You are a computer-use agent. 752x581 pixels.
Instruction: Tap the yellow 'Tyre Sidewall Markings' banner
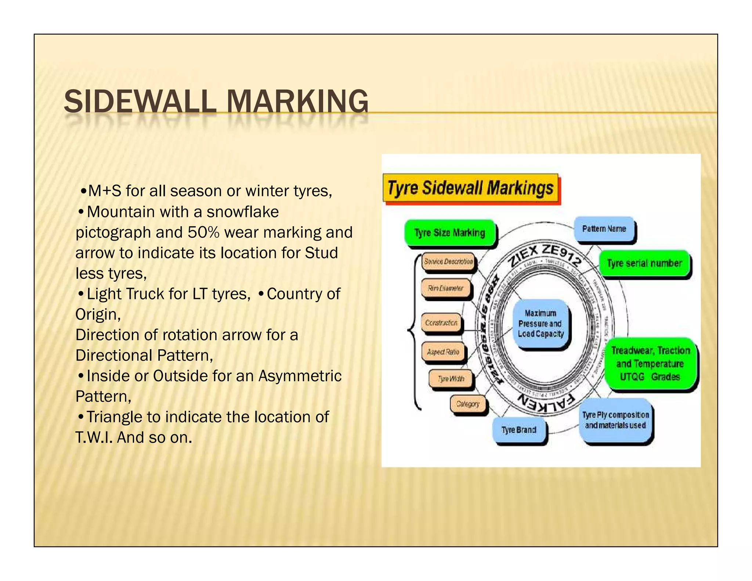tap(470, 188)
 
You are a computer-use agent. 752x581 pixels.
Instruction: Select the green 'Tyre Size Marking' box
tap(449, 232)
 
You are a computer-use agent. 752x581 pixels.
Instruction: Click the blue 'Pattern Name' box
tap(604, 229)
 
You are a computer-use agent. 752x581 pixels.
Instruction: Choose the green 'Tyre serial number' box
tap(644, 263)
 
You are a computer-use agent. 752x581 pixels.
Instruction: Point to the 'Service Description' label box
tap(448, 262)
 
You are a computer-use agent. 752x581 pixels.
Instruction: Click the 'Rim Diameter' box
tap(445, 289)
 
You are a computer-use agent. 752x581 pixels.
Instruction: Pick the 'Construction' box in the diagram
tap(441, 323)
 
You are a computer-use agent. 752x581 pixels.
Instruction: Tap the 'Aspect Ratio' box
tap(443, 352)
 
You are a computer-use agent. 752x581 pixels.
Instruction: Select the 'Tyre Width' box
tap(451, 379)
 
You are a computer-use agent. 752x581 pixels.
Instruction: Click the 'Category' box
tap(468, 404)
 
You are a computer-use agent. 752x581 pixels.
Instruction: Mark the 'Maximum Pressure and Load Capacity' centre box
tap(540, 324)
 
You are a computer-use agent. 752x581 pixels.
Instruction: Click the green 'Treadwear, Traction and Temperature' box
tap(650, 363)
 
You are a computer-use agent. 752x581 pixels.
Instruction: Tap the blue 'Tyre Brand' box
tap(518, 430)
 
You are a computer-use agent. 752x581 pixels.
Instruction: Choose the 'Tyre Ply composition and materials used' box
tap(615, 420)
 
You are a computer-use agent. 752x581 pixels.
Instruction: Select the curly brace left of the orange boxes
tap(414, 331)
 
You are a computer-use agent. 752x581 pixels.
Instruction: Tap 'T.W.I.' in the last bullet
tap(94, 438)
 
